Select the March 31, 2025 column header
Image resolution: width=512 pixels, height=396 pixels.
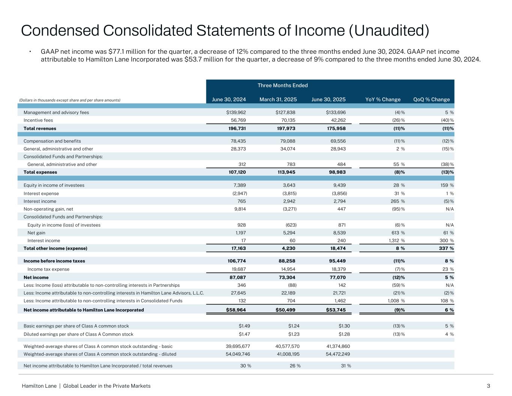278,99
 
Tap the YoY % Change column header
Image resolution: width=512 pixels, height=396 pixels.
383,99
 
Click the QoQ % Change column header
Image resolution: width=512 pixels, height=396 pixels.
431,99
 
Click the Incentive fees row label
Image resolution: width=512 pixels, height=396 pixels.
38,120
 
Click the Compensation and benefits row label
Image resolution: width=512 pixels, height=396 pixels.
52,141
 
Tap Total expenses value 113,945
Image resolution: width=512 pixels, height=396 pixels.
285,172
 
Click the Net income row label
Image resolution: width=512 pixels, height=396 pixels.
36,277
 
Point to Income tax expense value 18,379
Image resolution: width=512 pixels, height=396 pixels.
336,269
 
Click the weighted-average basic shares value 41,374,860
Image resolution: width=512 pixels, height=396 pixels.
333,346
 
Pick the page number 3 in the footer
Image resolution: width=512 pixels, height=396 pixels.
488,386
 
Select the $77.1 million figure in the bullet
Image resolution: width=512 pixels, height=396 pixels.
126,51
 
